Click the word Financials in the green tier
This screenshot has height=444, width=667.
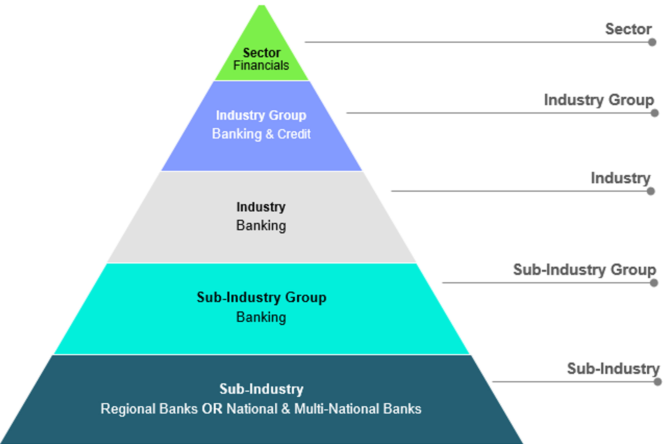[261, 65]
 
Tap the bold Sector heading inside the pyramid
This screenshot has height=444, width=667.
[262, 53]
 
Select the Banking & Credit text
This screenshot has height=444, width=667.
[261, 134]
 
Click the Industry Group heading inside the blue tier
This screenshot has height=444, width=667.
[261, 115]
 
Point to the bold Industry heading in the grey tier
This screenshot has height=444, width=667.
[261, 207]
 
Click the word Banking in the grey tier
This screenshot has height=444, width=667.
[261, 226]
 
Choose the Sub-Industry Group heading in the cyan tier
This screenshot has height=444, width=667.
[262, 297]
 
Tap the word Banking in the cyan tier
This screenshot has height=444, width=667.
[261, 317]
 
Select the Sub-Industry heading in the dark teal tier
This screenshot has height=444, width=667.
[261, 389]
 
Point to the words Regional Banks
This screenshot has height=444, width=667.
[149, 409]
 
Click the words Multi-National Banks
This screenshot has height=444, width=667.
[358, 409]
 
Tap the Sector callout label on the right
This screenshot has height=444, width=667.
[628, 29]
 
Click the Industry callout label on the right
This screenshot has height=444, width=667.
[620, 178]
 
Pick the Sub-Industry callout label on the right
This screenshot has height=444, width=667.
[613, 369]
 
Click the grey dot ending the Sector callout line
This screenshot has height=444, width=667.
[652, 42]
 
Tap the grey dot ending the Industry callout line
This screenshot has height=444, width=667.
[651, 191]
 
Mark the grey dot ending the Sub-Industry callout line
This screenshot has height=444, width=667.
[658, 382]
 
